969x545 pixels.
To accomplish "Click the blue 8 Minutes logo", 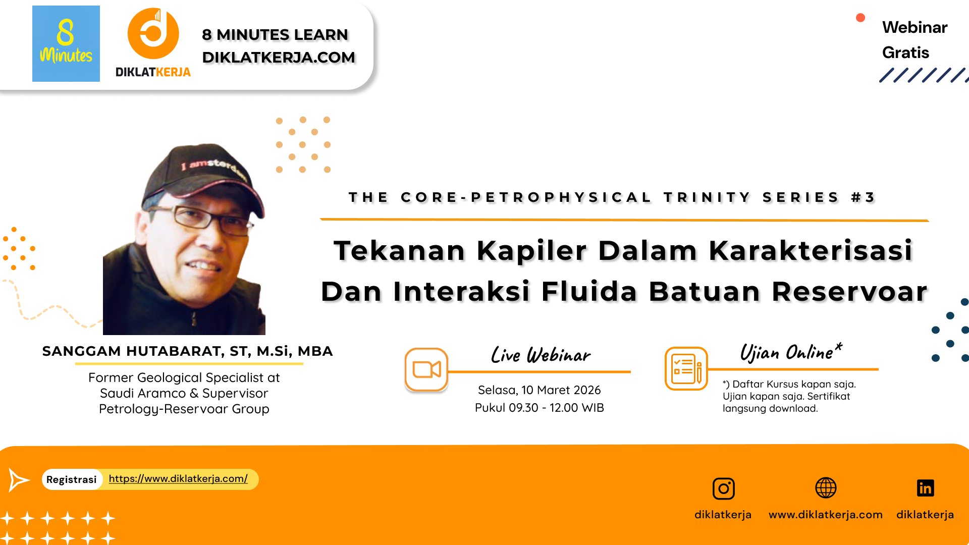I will point(66,43).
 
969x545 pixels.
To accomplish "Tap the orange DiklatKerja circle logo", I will point(153,33).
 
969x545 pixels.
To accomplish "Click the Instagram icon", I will point(723,488).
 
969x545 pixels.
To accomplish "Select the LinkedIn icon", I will point(925,488).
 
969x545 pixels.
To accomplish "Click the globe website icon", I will point(826,488).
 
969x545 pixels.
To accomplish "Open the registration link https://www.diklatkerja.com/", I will point(178,478).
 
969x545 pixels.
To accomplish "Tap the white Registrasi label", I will point(72,479).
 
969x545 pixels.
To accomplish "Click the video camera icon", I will point(426,369).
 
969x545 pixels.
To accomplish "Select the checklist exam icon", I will point(686,369).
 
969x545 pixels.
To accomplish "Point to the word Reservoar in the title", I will point(849,292).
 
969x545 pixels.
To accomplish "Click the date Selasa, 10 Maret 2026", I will point(539,390).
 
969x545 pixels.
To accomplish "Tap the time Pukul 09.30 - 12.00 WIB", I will point(539,408).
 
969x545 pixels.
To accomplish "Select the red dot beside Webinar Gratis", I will point(860,18).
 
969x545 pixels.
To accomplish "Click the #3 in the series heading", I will point(864,197).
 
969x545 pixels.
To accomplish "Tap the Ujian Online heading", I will point(790,352).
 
